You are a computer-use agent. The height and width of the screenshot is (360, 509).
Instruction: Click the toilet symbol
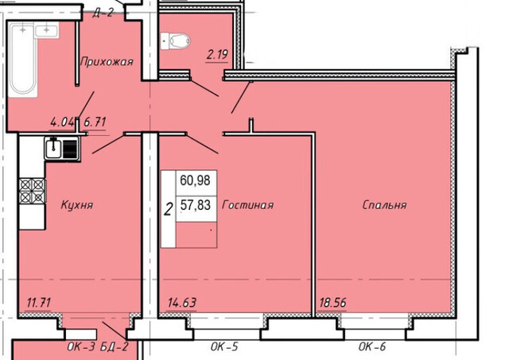175,41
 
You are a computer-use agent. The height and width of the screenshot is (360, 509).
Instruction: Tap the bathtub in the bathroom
23,60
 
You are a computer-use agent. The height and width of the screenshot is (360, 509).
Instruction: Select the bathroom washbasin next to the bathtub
46,30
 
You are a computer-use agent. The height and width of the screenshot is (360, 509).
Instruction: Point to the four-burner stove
32,191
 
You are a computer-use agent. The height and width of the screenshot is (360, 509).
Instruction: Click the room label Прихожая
107,61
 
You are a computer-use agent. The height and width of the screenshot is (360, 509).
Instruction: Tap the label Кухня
77,205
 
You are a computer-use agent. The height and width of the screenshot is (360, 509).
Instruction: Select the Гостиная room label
247,205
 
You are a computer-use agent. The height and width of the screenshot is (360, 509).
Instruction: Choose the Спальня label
384,205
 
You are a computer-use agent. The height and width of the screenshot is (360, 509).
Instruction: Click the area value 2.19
217,54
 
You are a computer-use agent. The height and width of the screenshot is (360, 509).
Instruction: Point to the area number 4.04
62,122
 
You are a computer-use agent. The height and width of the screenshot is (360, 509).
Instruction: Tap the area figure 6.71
95,122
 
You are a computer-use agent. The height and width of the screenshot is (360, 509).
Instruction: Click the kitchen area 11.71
39,303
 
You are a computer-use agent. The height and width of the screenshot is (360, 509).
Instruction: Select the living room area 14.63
182,303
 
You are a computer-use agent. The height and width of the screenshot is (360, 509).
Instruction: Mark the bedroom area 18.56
332,303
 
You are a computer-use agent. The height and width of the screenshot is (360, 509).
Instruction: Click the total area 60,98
195,180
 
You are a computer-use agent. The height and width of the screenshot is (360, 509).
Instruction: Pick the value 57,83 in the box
196,205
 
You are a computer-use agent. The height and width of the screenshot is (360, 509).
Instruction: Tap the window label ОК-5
224,346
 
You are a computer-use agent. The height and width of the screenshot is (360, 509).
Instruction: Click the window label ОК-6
372,346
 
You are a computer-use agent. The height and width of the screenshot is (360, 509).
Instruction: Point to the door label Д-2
103,13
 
